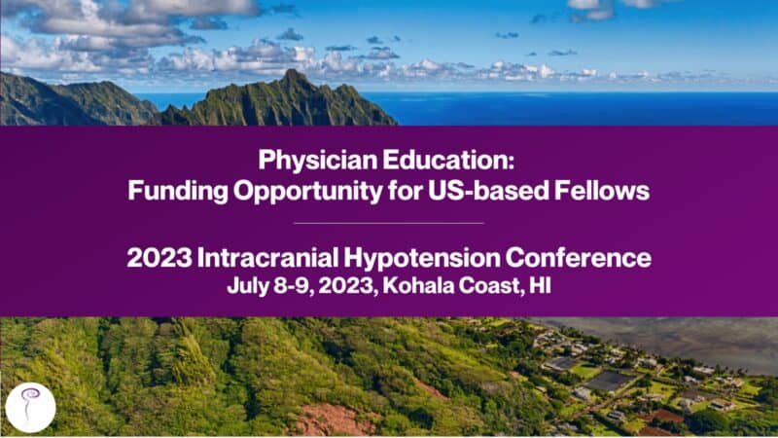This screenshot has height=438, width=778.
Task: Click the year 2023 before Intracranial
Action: click(159, 258)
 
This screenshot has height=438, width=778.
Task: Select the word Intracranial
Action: click(267, 258)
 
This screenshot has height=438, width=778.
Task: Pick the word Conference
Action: click(579, 258)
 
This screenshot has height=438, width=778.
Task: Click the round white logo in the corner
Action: click(31, 408)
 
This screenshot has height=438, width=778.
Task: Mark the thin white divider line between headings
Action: click(388, 224)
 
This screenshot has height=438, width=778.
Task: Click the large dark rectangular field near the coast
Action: click(610, 382)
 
